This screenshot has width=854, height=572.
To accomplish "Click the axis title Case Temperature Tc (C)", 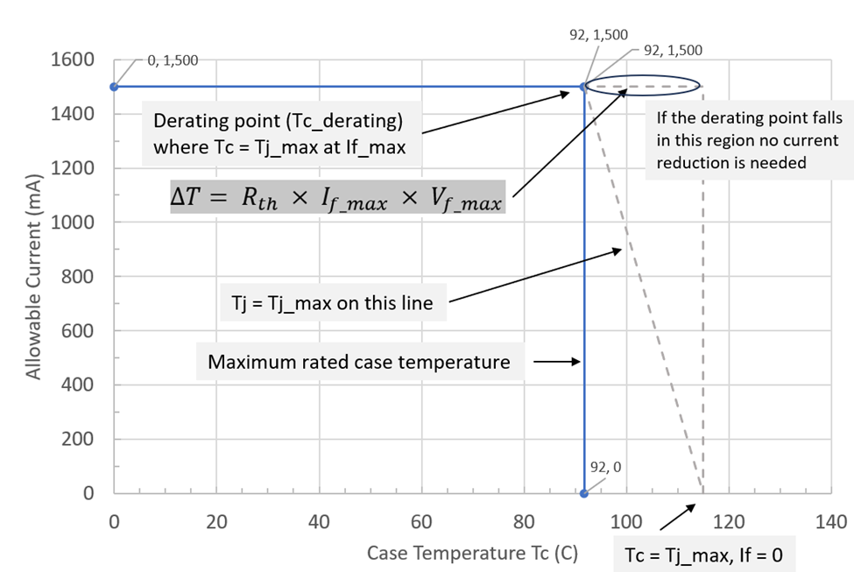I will [472, 553].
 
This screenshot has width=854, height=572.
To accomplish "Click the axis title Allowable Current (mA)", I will [32, 277].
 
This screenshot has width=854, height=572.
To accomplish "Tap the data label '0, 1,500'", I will [172, 60].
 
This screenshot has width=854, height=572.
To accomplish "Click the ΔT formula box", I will [336, 198].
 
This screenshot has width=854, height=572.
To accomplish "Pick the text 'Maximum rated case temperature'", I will [359, 362].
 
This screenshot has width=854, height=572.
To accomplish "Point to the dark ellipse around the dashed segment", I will [643, 86].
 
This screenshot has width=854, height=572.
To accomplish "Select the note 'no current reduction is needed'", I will [742, 152].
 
